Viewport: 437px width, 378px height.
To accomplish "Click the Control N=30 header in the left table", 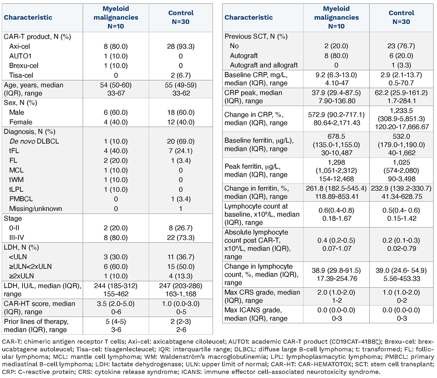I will click(x=181, y=17).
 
